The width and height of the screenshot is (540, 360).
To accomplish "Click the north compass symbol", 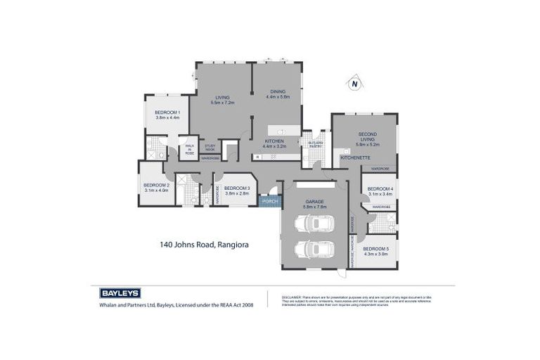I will [x=355, y=84].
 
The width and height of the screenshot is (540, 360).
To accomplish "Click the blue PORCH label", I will [x=269, y=202].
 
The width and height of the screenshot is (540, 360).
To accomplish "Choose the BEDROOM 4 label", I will [x=380, y=188].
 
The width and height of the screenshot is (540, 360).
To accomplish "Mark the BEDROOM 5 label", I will [x=375, y=249].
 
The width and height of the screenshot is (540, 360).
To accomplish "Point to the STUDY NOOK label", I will [x=210, y=147].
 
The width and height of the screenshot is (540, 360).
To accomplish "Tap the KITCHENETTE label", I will [x=354, y=158].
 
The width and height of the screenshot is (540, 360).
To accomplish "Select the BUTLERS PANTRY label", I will [x=315, y=145].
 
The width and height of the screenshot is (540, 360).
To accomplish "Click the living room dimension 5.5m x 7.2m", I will [x=221, y=103].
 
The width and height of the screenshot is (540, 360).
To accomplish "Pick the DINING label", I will [x=278, y=91].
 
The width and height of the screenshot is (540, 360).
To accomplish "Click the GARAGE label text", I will [x=314, y=201].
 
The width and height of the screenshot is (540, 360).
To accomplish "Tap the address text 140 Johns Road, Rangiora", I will [x=203, y=245].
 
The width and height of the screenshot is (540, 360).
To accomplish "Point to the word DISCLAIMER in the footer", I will [x=292, y=296].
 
